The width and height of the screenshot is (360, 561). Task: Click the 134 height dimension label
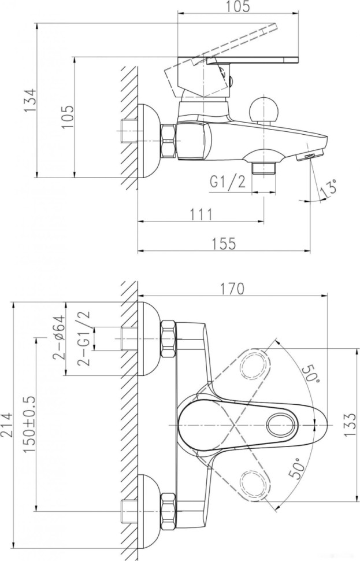pyautogui.click(x=31, y=100)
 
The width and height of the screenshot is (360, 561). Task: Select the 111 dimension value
pyautogui.click(x=201, y=215)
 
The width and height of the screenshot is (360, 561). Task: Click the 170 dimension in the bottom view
pyautogui.click(x=232, y=289)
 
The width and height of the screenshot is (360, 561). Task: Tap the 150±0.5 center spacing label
pyautogui.click(x=30, y=424)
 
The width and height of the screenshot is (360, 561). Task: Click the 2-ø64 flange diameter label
pyautogui.click(x=60, y=337)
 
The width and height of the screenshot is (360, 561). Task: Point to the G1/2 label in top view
pyautogui.click(x=228, y=183)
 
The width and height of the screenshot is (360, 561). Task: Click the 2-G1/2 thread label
pyautogui.click(x=83, y=338)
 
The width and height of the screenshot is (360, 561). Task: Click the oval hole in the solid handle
pyautogui.click(x=282, y=425)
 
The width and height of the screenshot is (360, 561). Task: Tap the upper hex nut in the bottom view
pyautogui.click(x=168, y=338)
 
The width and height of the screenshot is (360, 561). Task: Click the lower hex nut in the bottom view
pyautogui.click(x=168, y=511)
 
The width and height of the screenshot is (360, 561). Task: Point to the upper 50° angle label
pyautogui.click(x=310, y=374)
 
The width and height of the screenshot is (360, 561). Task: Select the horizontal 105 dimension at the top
pyautogui.click(x=238, y=6)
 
